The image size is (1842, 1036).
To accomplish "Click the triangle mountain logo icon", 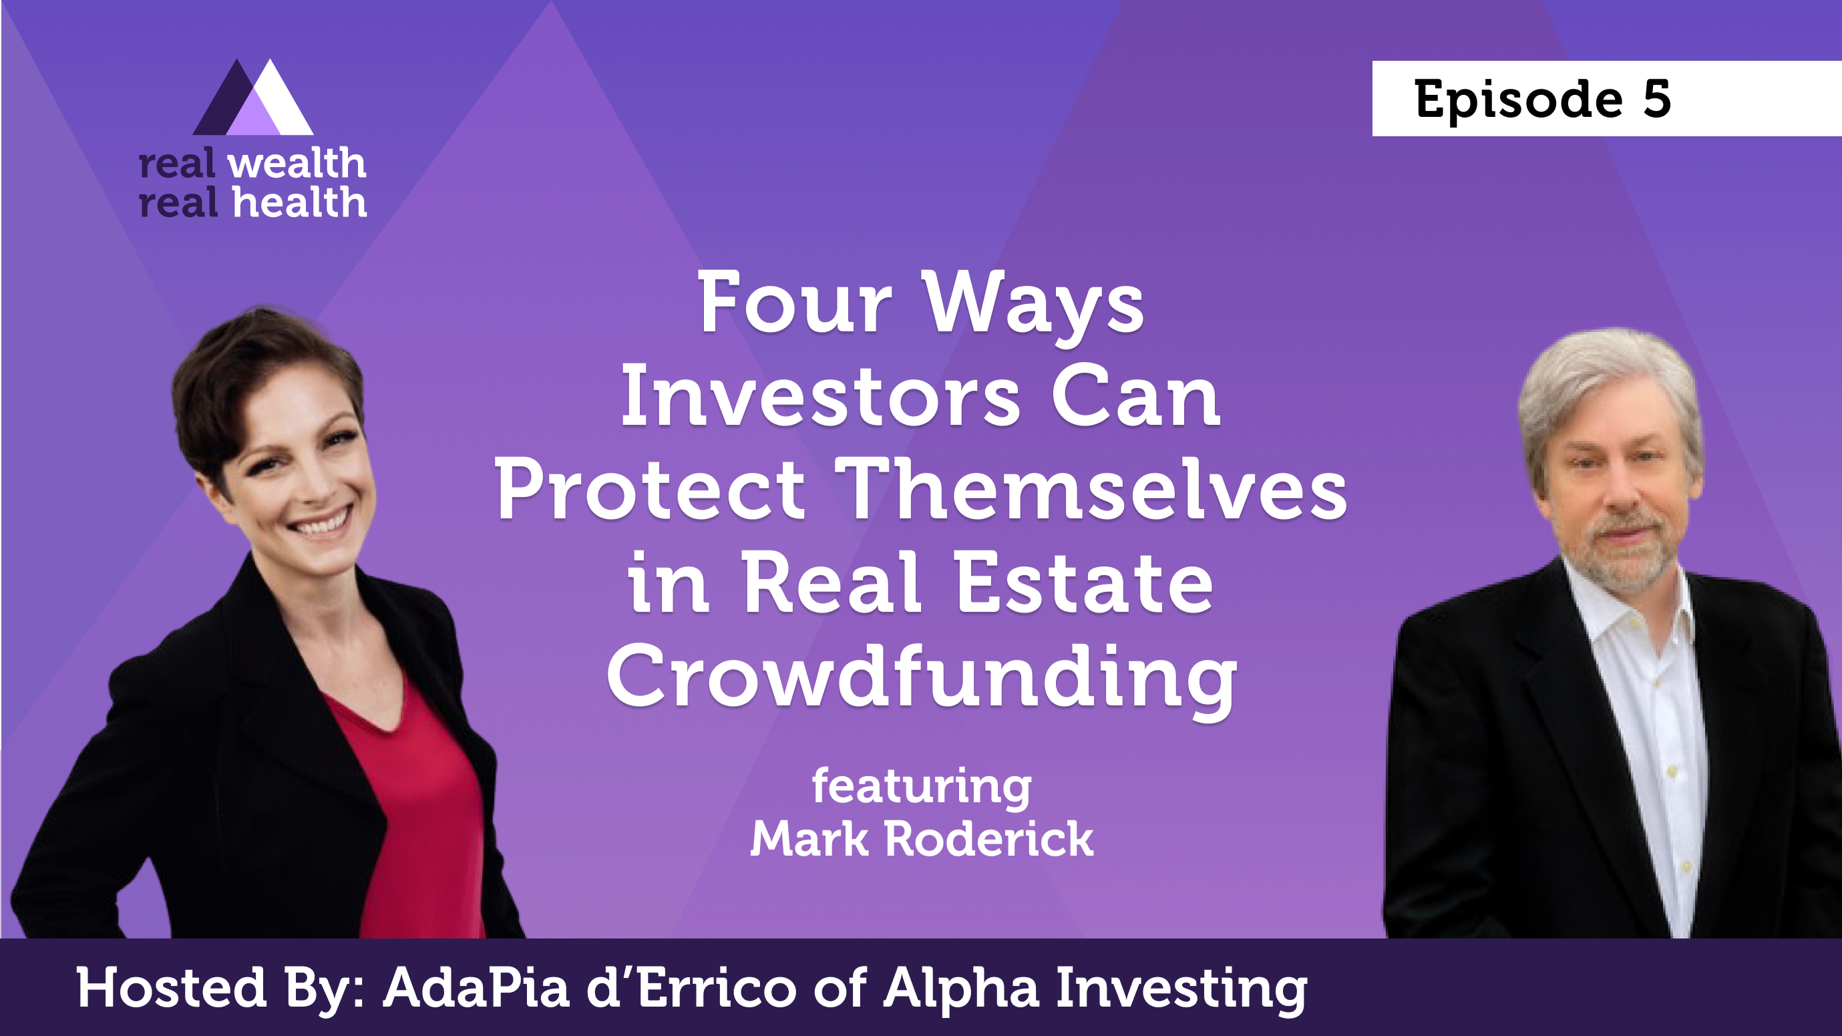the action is [253, 98].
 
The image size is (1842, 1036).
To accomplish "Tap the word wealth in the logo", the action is [297, 164].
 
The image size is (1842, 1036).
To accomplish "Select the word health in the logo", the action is [301, 202].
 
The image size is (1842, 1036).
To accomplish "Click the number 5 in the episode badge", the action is [1656, 99].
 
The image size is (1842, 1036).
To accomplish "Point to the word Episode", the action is [1518, 100].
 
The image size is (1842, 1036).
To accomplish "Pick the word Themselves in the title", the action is [1091, 490].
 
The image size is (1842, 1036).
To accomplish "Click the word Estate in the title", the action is [1084, 583].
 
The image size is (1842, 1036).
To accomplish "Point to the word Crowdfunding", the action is [922, 678].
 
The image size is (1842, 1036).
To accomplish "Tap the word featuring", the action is [922, 788].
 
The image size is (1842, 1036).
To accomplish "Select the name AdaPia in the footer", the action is [476, 988].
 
